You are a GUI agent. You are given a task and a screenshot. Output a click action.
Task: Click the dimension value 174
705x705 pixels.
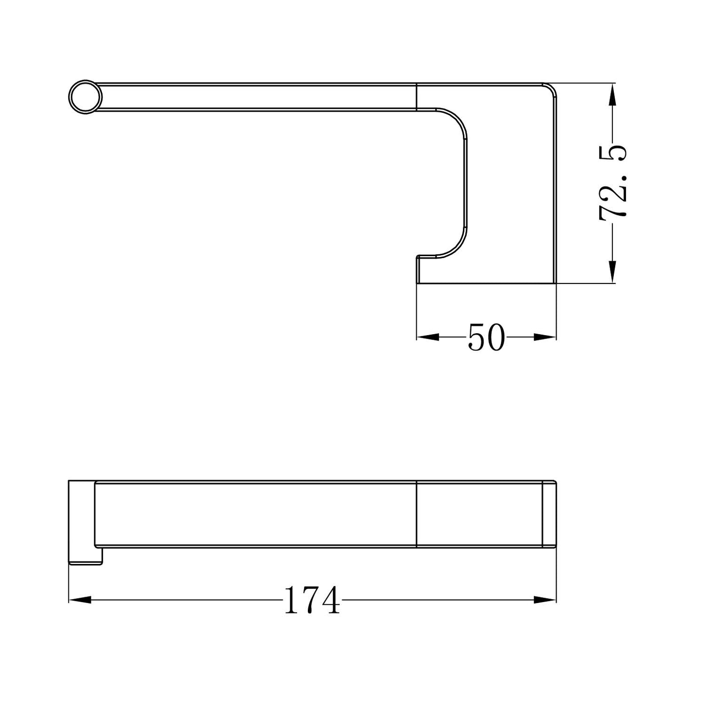click(x=311, y=600)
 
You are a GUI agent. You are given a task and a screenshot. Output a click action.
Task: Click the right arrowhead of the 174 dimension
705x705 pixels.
click(x=545, y=600)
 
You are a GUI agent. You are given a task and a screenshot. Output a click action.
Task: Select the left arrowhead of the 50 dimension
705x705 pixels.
click(x=427, y=337)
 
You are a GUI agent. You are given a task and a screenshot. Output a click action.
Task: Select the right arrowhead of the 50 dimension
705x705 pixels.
click(x=545, y=337)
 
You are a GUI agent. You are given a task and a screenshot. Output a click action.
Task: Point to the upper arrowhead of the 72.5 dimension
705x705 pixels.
click(x=613, y=95)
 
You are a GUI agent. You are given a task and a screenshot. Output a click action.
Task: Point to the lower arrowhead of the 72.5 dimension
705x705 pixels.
click(x=613, y=271)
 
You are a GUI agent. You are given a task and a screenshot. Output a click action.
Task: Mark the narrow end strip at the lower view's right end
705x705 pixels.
click(x=549, y=515)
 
